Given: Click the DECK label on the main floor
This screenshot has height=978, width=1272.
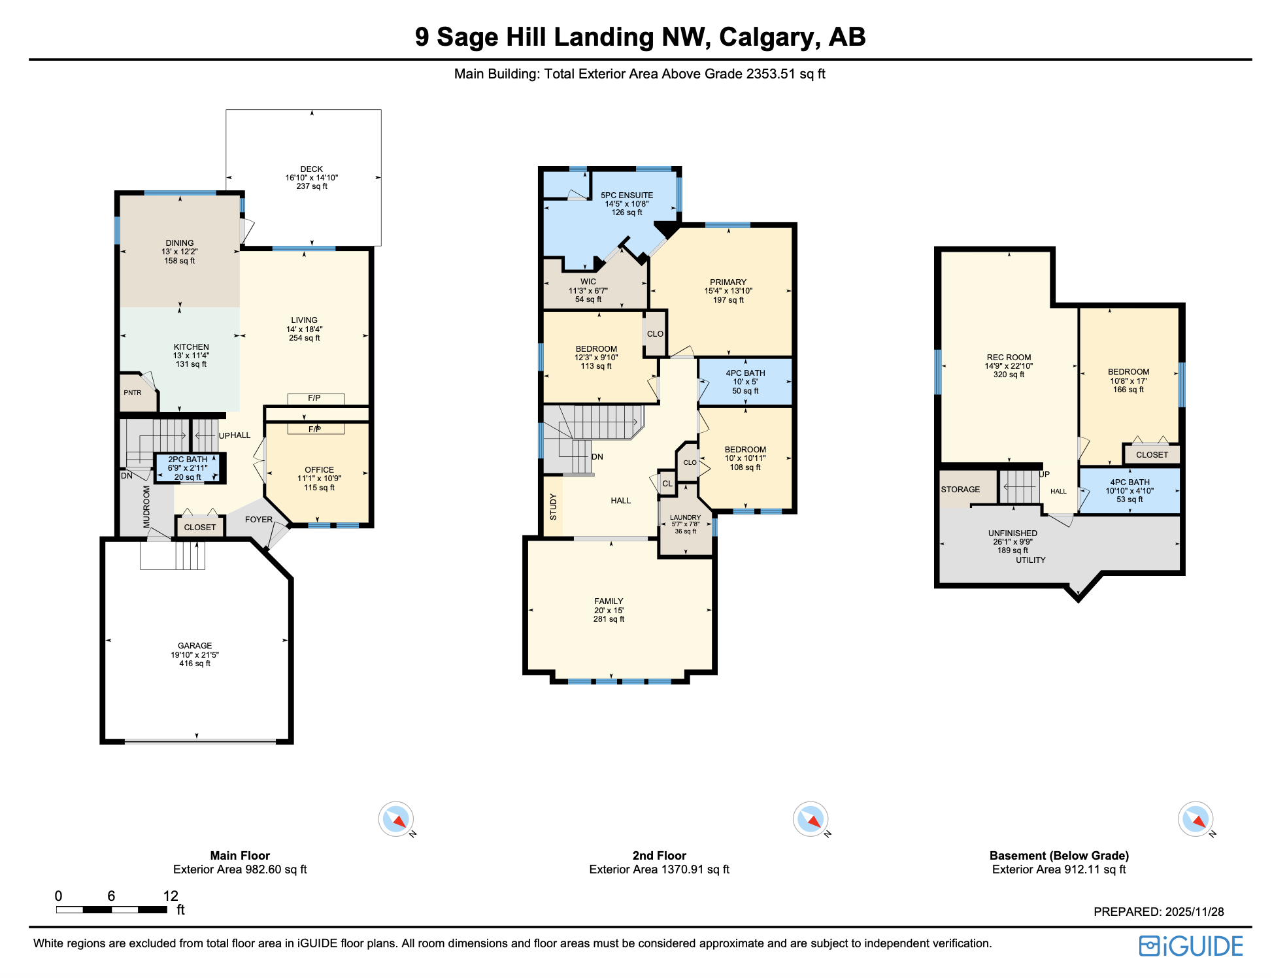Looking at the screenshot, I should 311,169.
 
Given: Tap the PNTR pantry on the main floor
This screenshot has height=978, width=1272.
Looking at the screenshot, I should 133,393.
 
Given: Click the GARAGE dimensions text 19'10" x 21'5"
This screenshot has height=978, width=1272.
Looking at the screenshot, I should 195,654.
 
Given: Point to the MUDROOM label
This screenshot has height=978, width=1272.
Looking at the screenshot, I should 146,506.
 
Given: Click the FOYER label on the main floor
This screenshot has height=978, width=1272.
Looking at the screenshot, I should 259,519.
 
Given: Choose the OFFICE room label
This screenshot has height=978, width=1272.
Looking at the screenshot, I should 319,469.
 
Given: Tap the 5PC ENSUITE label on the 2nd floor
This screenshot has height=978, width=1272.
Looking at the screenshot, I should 627,195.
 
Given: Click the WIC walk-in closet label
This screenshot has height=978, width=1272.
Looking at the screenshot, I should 588,282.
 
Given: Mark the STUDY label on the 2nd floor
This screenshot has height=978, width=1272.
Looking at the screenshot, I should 553,507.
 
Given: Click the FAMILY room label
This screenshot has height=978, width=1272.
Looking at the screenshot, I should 609,601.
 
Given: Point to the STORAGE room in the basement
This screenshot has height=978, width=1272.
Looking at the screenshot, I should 960,489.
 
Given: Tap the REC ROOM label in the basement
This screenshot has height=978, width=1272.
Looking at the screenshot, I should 1009,357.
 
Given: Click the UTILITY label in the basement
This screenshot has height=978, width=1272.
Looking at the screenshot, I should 1030,560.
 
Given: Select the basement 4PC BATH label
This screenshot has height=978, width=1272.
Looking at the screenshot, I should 1130,482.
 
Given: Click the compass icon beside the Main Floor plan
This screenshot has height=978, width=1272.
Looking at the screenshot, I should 396,818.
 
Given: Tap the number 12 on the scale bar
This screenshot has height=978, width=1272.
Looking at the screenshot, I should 171,896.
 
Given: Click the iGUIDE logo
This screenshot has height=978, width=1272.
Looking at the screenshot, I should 1190,946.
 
